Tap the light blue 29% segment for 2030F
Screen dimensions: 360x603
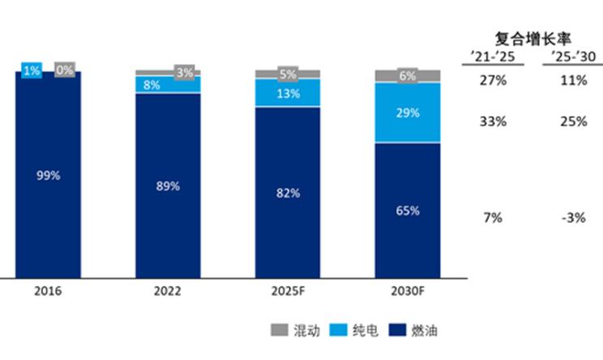[408, 113]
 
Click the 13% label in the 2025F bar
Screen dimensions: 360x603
[288, 92]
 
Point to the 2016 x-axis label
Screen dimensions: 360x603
[48, 290]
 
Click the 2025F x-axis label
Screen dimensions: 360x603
[288, 290]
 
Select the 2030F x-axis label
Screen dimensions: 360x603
[408, 290]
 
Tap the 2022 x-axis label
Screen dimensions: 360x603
[168, 290]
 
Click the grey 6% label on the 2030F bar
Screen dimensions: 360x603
[408, 75]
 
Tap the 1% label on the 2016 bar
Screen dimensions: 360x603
[32, 71]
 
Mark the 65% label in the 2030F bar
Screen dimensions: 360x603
[408, 211]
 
